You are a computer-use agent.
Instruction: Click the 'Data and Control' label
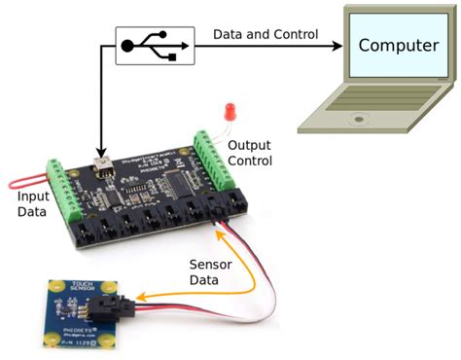tap(265, 34)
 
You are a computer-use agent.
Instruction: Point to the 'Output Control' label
tap(250, 153)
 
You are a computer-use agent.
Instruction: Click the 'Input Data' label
tap(32, 204)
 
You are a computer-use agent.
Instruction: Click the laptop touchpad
tap(355, 121)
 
